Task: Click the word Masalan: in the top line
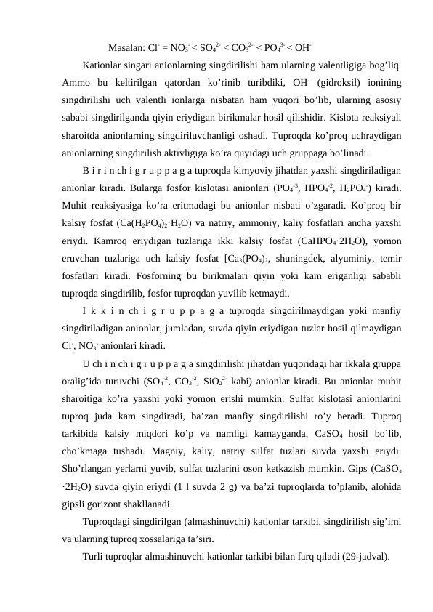pyautogui.click(x=125, y=49)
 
